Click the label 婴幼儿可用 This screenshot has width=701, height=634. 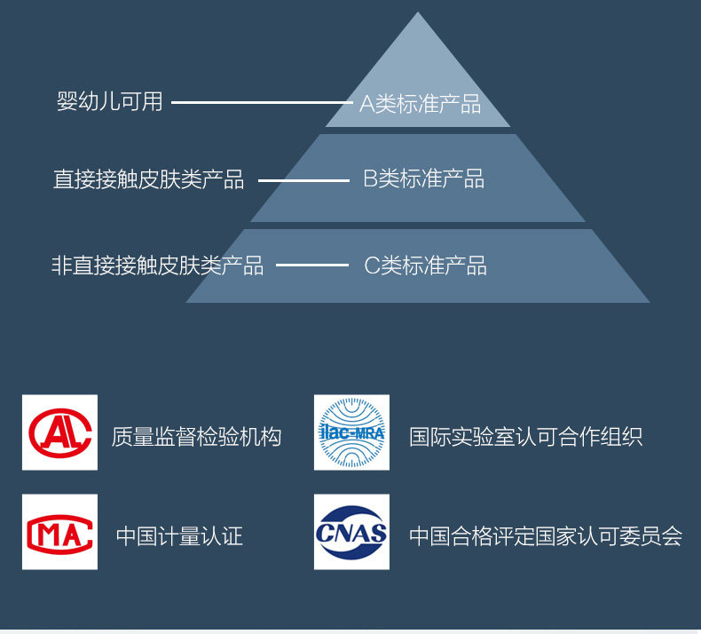(x=110, y=102)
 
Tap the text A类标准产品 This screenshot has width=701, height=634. (x=420, y=104)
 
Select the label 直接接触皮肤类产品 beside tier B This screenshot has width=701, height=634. (x=148, y=180)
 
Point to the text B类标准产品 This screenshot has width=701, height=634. (x=424, y=179)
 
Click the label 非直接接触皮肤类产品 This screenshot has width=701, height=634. (x=157, y=265)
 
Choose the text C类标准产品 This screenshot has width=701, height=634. (x=426, y=265)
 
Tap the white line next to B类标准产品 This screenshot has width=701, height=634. (x=303, y=181)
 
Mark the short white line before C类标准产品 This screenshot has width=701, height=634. (x=311, y=265)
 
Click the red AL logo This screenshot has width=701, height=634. (x=60, y=432)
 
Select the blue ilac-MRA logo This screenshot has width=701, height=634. (x=351, y=432)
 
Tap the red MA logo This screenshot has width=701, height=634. (x=60, y=532)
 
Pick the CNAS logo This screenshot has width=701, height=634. (x=351, y=532)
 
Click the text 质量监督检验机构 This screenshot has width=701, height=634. (x=196, y=437)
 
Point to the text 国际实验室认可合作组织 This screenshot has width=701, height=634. (x=525, y=437)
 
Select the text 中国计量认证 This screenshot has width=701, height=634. (x=179, y=536)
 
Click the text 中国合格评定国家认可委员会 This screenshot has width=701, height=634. (x=545, y=536)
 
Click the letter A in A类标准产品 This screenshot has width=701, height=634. (x=366, y=104)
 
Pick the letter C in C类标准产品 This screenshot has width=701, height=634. (x=372, y=265)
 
